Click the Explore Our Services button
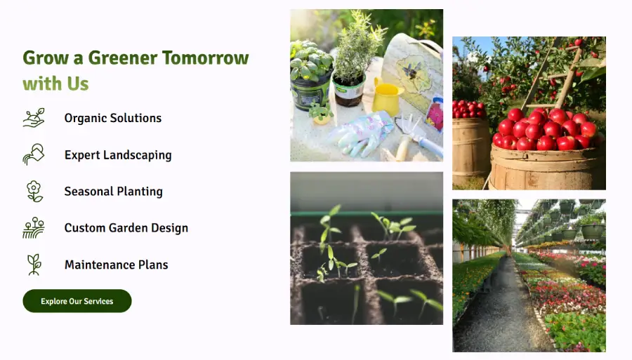(77, 301)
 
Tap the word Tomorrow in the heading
(206, 58)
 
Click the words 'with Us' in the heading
(55, 84)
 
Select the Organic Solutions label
(113, 118)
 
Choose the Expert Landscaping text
(118, 155)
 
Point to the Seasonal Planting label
(114, 192)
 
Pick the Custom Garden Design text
(126, 228)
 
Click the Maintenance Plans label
(117, 265)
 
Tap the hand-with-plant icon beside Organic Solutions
(34, 118)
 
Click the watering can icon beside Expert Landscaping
(34, 154)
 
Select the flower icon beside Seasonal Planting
(34, 192)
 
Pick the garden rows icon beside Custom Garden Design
(34, 228)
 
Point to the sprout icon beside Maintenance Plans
(34, 265)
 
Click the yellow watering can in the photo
(386, 98)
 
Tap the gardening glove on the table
(362, 133)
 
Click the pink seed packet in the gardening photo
(435, 113)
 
